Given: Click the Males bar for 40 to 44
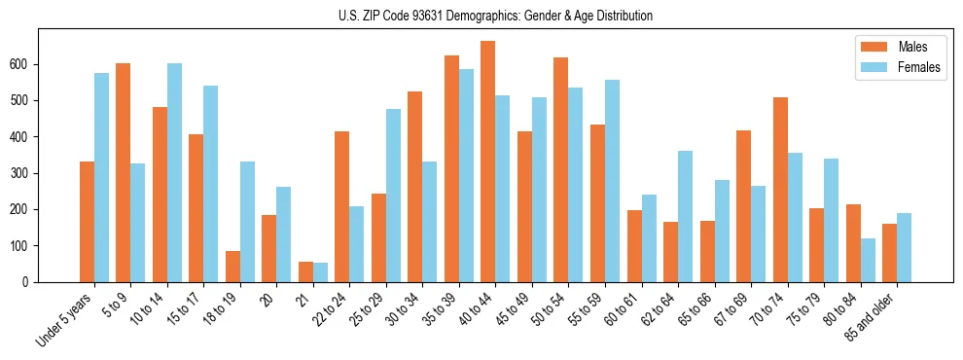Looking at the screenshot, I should [488, 162].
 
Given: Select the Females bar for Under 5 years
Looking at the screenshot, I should [101, 177].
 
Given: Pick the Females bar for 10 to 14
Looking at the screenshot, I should [174, 172].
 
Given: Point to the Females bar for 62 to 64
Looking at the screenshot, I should [685, 216].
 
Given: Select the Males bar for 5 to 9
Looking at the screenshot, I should [124, 172].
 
